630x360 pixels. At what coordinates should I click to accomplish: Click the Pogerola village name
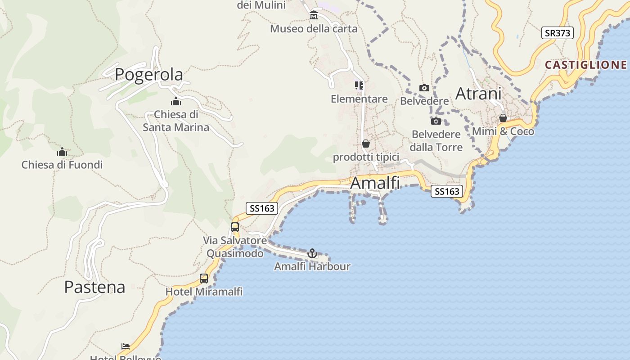click(149, 75)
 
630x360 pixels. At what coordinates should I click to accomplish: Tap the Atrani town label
click(478, 94)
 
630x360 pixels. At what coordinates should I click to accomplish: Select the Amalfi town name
click(375, 183)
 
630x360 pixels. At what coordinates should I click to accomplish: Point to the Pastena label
click(94, 287)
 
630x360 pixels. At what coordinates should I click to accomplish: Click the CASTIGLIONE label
click(586, 65)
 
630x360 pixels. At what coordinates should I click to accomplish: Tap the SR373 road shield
click(557, 33)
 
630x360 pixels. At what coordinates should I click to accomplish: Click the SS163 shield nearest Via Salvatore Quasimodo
click(261, 208)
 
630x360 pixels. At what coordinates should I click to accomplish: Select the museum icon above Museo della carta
click(314, 16)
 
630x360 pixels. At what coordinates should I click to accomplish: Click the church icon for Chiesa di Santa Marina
click(176, 101)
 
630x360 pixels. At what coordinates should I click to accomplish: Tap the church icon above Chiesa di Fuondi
click(62, 152)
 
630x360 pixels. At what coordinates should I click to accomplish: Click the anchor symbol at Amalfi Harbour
click(312, 254)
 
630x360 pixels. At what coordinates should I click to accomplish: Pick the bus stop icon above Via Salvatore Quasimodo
click(235, 227)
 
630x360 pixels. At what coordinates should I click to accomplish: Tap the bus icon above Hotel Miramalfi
click(204, 279)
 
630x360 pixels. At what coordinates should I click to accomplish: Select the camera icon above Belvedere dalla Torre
click(436, 121)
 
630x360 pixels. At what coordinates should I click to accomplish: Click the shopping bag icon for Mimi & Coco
click(503, 118)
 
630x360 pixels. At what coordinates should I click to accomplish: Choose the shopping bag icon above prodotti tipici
click(366, 144)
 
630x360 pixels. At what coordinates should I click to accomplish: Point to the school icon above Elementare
click(359, 85)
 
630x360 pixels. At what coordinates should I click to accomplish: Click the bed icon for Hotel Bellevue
click(126, 346)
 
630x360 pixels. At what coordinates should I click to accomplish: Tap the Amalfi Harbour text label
click(312, 266)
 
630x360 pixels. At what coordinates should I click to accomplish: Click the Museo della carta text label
click(314, 29)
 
